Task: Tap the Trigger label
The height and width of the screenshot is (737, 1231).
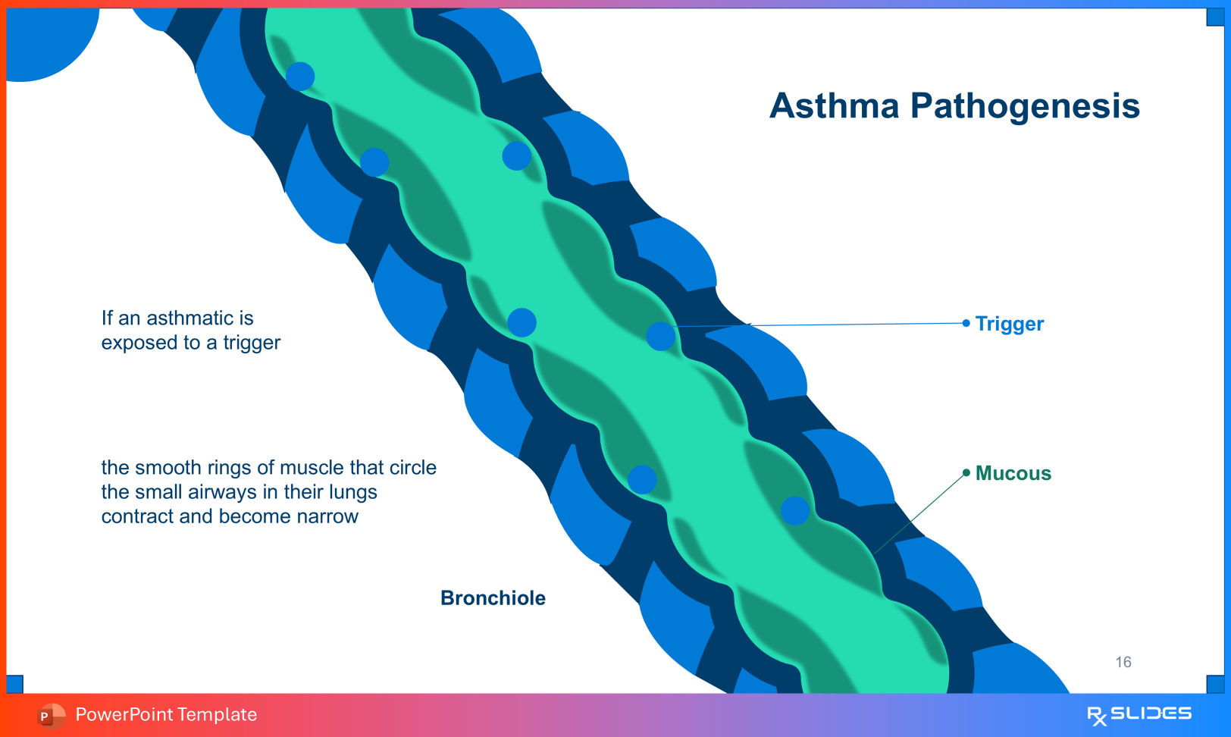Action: [x=1009, y=324]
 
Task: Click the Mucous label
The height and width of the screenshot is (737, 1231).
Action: [x=1013, y=473]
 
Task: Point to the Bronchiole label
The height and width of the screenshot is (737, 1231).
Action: [x=493, y=598]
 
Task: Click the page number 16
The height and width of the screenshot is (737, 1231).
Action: [x=1123, y=662]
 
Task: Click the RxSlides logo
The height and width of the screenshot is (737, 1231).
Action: [x=1139, y=714]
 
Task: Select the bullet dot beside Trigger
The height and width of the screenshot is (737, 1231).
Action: [x=966, y=323]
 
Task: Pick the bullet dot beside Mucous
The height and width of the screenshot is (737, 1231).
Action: [x=966, y=472]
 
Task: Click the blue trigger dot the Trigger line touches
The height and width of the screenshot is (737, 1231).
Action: [x=660, y=336]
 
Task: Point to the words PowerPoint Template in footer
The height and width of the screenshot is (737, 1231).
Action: [x=166, y=715]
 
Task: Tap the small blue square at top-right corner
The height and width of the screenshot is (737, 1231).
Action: [x=1215, y=17]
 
